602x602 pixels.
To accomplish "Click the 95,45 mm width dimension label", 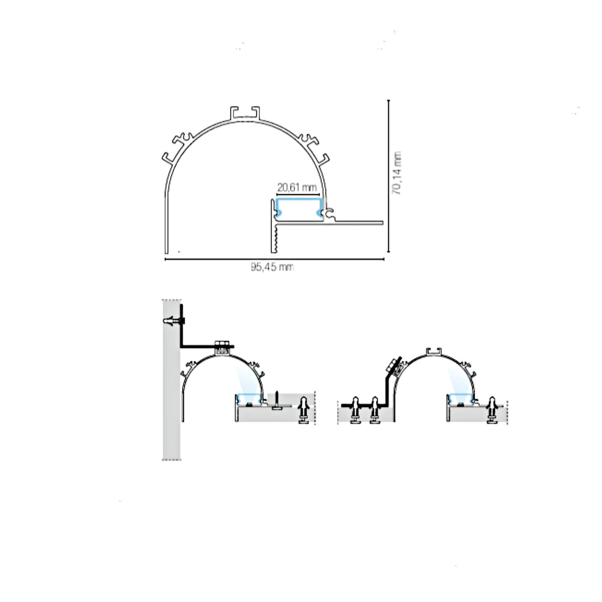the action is coord(272,267).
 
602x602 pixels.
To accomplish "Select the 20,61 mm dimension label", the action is coord(297,187).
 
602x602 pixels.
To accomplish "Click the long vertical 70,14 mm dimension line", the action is coord(389,176).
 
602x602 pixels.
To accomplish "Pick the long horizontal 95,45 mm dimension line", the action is coord(275,259).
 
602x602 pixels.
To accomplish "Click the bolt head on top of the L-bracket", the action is coord(222,344).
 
